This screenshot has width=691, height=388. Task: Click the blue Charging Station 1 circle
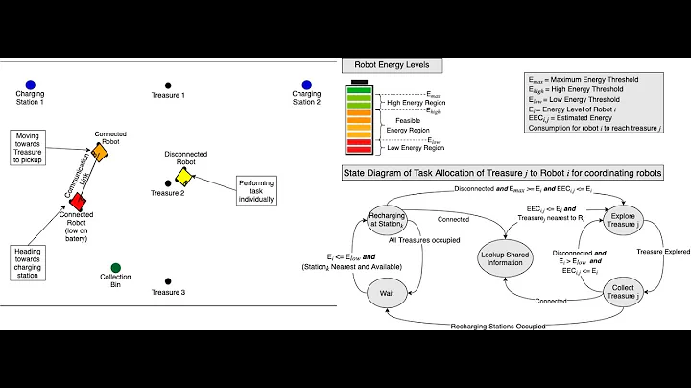30,85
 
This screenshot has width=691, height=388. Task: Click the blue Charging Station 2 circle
306,85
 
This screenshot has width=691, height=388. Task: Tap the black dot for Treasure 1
168,85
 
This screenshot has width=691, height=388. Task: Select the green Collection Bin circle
115,267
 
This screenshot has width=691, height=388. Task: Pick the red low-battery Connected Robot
76,203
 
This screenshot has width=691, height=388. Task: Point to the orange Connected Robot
100,155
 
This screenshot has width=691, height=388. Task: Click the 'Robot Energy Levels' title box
392,65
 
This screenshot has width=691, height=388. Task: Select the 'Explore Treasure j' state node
622,220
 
